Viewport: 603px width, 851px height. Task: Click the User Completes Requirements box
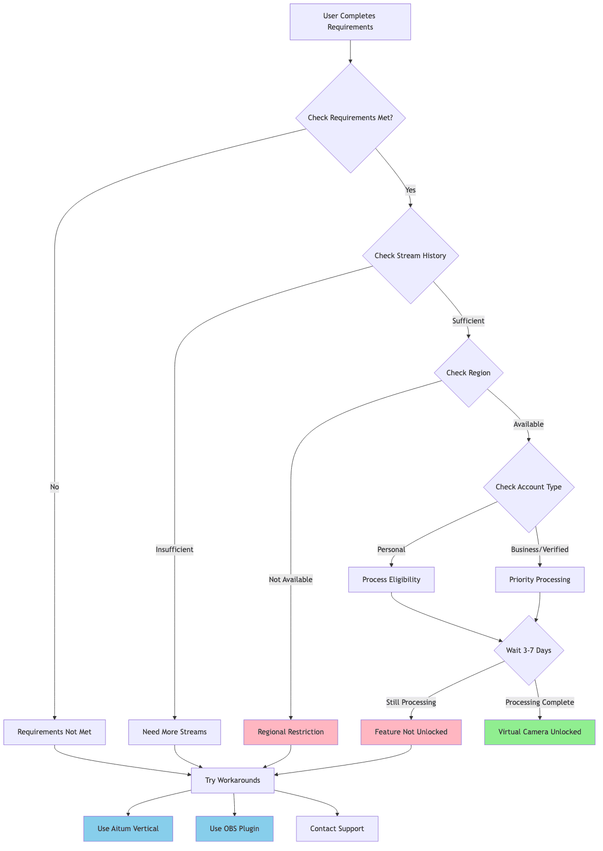tap(350, 21)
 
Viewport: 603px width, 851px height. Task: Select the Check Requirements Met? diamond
tap(350, 118)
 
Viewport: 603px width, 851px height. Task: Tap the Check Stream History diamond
tap(410, 256)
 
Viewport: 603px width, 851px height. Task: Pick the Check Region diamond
tap(468, 373)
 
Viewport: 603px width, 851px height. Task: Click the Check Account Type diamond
tap(528, 487)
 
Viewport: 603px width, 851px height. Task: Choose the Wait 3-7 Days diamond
tap(528, 650)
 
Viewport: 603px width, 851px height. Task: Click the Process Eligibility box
tap(391, 580)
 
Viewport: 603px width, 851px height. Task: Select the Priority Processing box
tap(539, 580)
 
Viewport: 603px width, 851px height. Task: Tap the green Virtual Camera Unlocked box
tap(539, 732)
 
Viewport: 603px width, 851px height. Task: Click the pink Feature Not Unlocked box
tap(410, 732)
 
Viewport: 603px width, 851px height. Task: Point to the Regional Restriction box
tap(290, 732)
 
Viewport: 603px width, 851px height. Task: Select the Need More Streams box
tap(174, 732)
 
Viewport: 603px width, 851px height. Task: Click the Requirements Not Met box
tap(54, 732)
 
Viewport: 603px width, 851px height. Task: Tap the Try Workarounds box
tap(232, 780)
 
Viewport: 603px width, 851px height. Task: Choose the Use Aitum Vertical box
tap(128, 829)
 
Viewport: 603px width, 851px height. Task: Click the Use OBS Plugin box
tap(234, 829)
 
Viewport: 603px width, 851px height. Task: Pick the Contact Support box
tap(337, 829)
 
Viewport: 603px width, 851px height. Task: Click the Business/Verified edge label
tap(539, 550)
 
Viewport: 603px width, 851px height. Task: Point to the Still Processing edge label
tap(410, 702)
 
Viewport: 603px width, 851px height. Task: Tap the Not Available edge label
tap(290, 580)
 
